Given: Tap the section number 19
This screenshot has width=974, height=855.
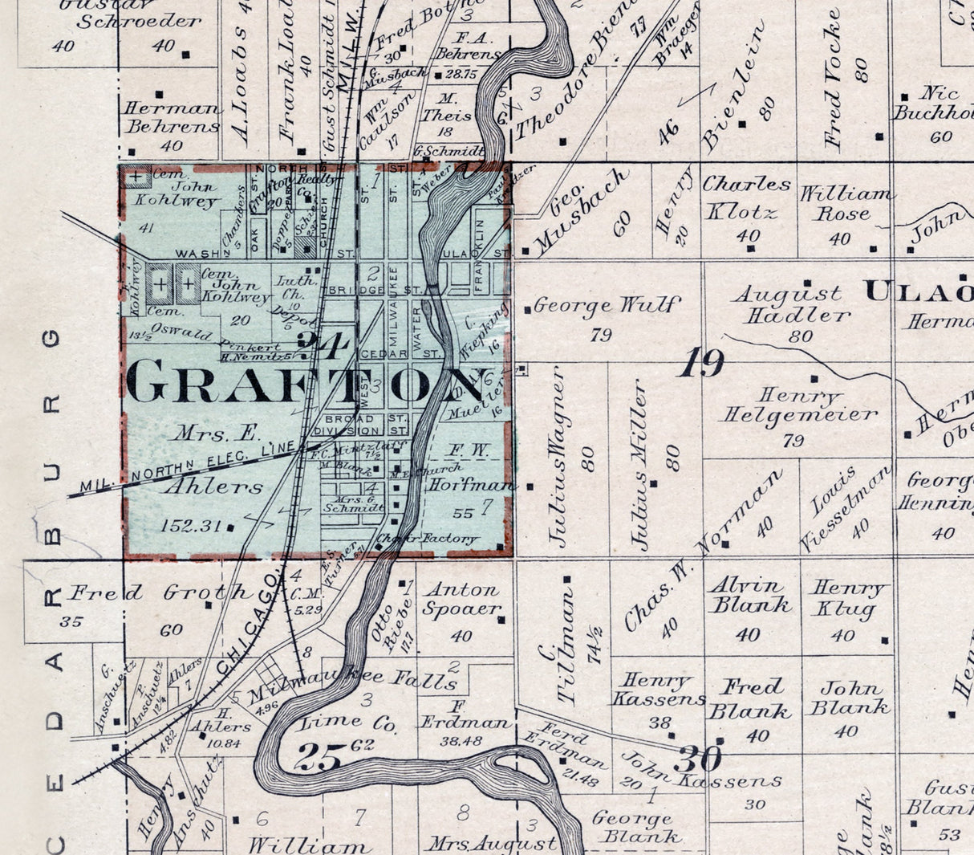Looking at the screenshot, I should tap(701, 363).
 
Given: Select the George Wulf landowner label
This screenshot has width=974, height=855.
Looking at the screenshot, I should tap(606, 306).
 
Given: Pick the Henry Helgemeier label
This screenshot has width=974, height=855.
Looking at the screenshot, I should tap(797, 405).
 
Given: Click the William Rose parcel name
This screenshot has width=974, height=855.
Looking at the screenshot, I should tap(845, 204).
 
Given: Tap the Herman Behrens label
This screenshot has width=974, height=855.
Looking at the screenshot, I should tap(171, 117).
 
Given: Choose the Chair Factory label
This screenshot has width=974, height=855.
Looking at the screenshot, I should tap(427, 539).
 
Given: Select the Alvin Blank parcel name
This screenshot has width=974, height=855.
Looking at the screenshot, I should tap(749, 595).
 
